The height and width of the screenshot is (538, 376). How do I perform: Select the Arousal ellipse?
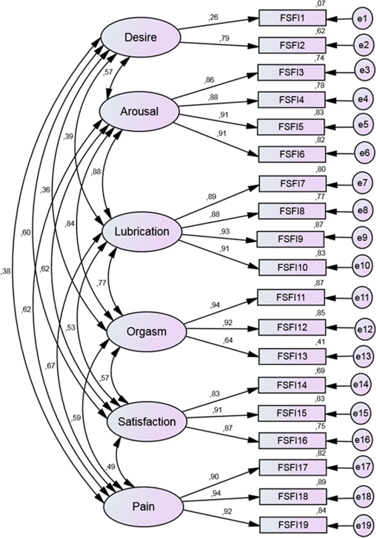point(139,112)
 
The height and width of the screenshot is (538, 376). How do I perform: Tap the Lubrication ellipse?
point(143,231)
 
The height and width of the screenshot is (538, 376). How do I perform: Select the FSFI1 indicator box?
point(292,19)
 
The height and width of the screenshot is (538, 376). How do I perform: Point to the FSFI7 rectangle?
point(292,184)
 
